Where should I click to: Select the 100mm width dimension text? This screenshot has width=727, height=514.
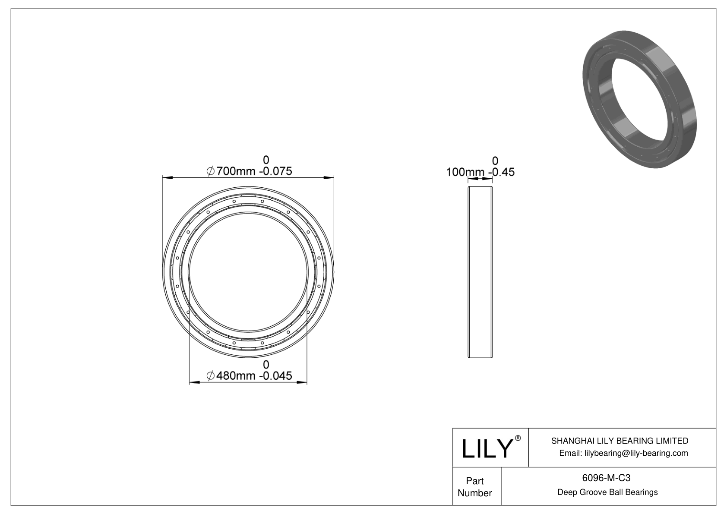465,172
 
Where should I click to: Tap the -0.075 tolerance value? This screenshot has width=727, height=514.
275,171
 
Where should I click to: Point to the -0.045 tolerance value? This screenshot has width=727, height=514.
275,376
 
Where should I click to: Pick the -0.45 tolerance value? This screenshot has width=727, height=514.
502,172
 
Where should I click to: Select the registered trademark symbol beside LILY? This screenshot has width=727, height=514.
518,438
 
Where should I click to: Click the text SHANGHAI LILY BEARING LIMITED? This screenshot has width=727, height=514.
620,441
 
